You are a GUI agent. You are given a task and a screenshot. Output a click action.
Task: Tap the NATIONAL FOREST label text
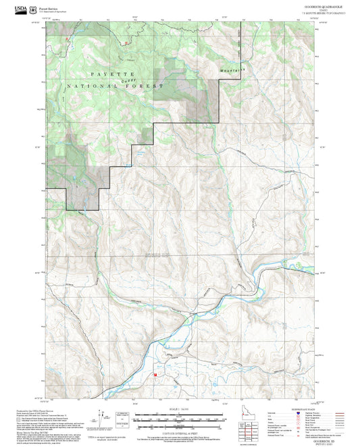click(115, 86)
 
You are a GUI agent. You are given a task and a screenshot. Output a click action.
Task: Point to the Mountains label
click(232, 69)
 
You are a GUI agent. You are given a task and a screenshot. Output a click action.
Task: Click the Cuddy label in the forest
click(124, 81)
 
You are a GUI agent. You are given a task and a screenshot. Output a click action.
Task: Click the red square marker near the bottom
click(156, 373)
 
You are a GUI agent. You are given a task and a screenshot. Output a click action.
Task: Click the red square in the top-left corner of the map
click(67, 41)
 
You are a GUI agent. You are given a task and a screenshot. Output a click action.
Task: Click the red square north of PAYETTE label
click(125, 42)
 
